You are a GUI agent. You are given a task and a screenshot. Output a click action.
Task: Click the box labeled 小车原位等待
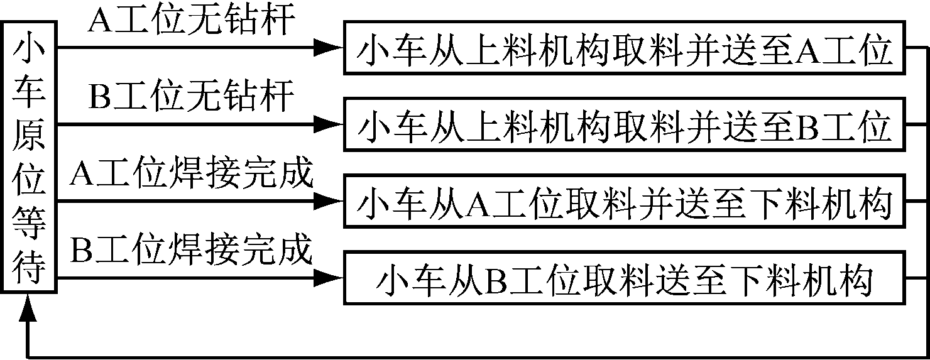click(x=30, y=157)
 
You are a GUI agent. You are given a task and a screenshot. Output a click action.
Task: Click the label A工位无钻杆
click(x=191, y=21)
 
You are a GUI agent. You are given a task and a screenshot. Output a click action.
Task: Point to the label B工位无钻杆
click(x=191, y=98)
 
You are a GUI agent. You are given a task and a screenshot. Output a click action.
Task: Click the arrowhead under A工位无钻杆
click(x=328, y=47)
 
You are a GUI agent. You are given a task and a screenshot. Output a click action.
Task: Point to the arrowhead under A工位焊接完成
click(x=328, y=201)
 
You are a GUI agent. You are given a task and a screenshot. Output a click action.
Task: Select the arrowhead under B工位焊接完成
click(x=328, y=277)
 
